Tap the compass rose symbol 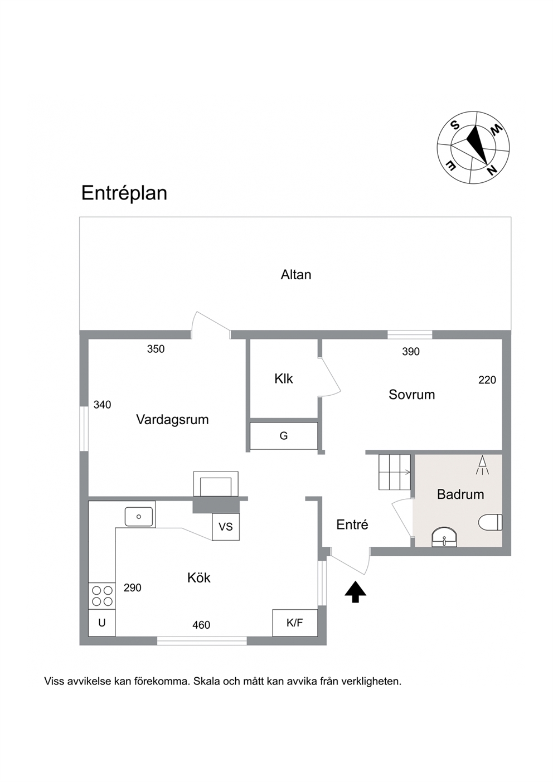click(473, 148)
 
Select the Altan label click(295, 275)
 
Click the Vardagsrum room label click(172, 419)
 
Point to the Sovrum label click(411, 395)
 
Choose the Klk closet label click(284, 379)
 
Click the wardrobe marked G click(284, 436)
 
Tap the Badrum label click(460, 494)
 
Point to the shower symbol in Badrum click(482, 465)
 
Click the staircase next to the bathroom click(395, 472)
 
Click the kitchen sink click(139, 517)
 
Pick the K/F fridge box click(295, 623)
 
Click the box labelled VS click(226, 527)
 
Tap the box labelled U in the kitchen click(102, 623)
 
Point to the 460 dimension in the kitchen click(201, 625)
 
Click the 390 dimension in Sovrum click(411, 352)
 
